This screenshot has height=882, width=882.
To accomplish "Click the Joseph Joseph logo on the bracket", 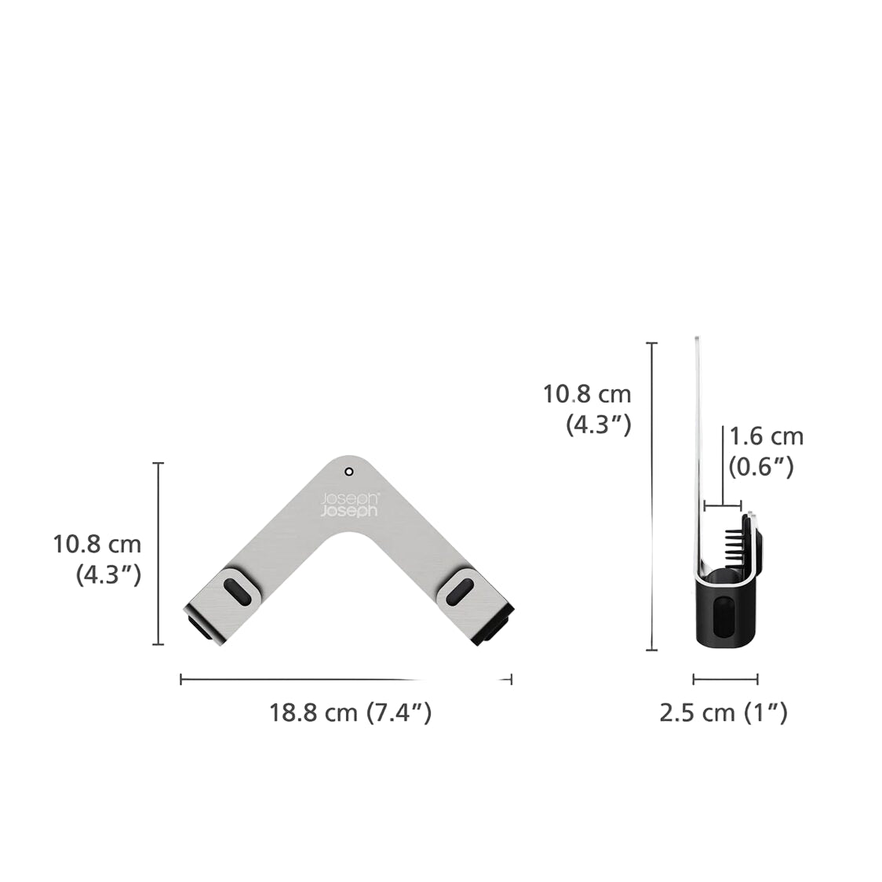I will [349, 505].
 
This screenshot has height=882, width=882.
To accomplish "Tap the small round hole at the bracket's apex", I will [349, 472].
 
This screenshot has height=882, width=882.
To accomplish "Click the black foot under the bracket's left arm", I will [201, 629].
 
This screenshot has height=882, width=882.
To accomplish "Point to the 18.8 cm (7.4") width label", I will [350, 713].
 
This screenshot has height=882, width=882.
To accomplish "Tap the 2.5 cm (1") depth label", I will [723, 713].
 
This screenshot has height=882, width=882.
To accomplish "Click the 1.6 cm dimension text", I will [766, 436].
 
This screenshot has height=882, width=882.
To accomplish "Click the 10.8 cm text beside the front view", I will [97, 543].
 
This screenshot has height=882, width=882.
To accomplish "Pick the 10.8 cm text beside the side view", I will [587, 393].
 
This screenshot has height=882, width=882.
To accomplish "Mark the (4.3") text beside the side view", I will [598, 425].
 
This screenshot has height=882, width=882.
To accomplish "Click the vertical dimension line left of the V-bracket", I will [159, 553].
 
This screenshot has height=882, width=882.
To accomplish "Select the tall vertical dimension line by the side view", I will [651, 496].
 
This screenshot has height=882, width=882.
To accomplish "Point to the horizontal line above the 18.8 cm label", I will [345, 680].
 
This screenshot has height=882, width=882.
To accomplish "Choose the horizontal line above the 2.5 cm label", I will [725, 679].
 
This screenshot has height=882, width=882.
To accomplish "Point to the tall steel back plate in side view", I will [697, 439].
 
